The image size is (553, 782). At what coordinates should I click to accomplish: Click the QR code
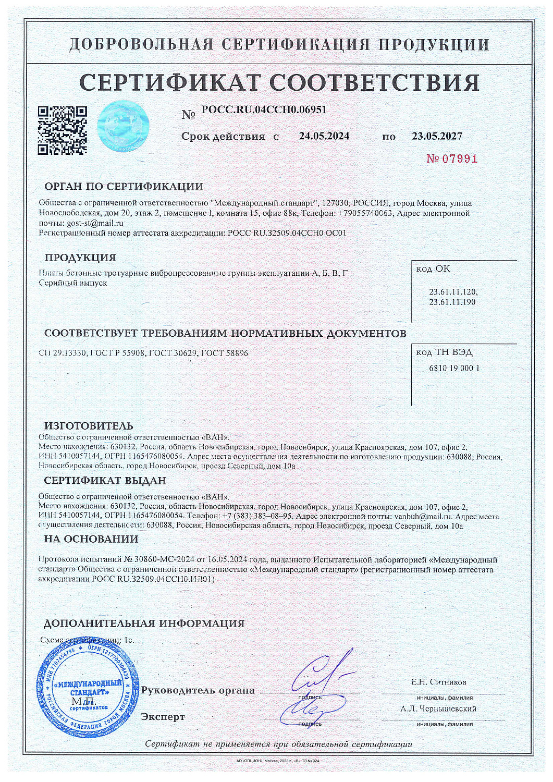click(x=62, y=130)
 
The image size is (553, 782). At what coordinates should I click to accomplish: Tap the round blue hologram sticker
click(x=123, y=126)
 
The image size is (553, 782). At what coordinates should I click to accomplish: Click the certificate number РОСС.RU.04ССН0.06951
click(x=264, y=110)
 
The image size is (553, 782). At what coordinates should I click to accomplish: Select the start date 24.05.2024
click(x=324, y=136)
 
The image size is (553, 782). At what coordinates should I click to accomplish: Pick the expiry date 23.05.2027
click(x=437, y=136)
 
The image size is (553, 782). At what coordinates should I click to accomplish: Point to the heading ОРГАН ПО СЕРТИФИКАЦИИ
click(x=124, y=187)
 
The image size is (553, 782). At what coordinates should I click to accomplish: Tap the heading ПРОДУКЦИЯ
click(x=80, y=258)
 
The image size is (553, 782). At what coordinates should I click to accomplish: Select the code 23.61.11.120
click(x=452, y=292)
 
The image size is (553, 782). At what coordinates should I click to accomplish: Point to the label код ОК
click(x=433, y=269)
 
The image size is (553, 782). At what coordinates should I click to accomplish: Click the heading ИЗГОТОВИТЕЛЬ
click(x=88, y=426)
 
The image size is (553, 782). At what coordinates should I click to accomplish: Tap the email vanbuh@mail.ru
click(x=422, y=517)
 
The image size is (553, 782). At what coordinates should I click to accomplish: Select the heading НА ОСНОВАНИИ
click(x=91, y=539)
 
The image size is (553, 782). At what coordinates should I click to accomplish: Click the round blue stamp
click(x=88, y=689)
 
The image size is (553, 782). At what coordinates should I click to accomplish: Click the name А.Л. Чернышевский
click(x=438, y=708)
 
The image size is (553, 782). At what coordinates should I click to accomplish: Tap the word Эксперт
click(x=163, y=717)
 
